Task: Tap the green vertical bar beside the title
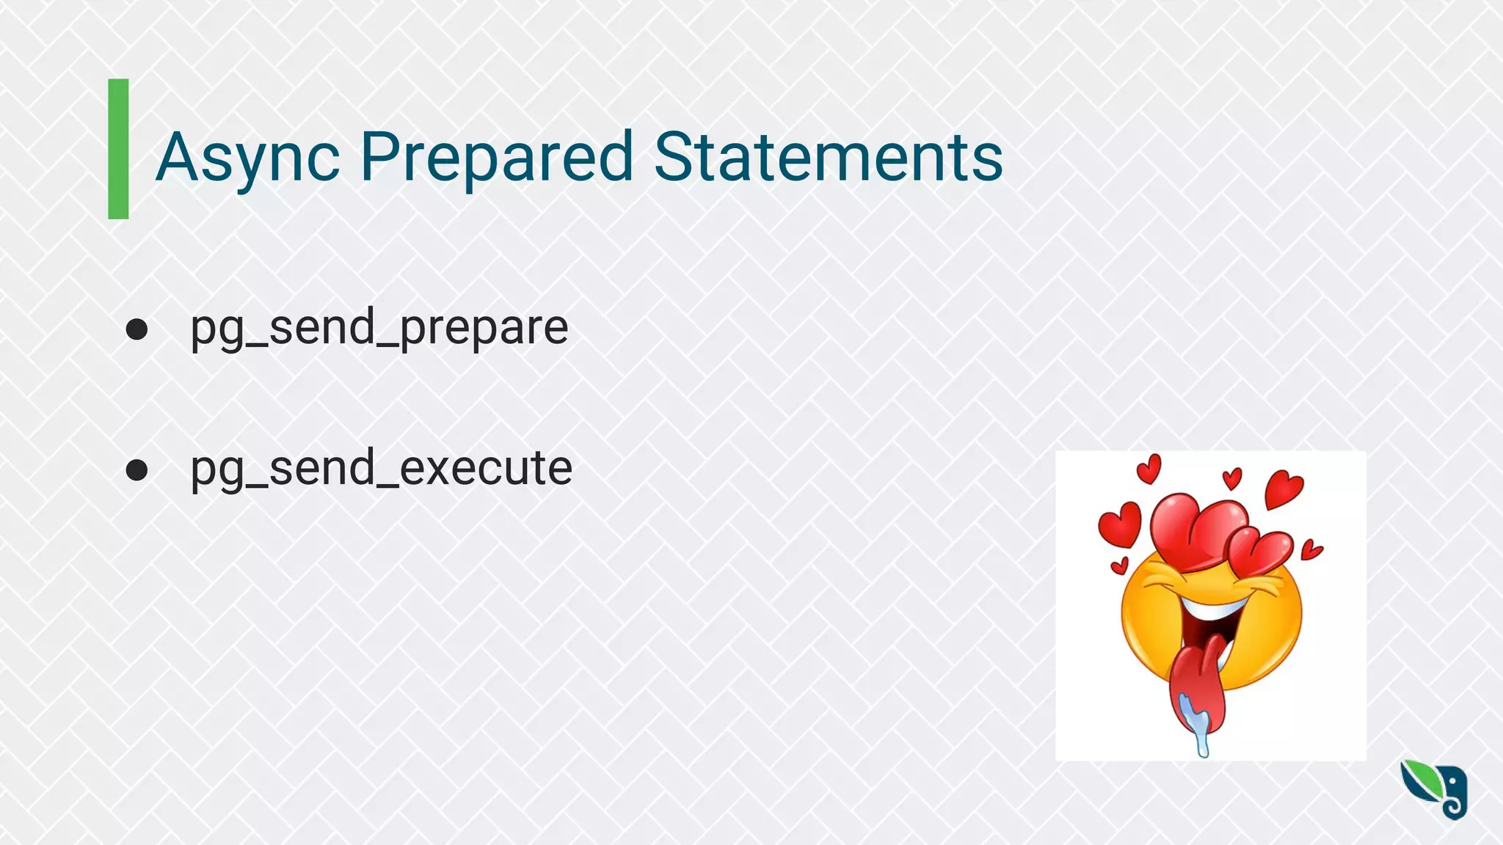pos(118,149)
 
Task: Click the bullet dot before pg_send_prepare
pos(137,329)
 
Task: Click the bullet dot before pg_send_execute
pos(137,469)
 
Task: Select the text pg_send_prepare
pos(379,328)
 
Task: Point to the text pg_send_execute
pos(381,468)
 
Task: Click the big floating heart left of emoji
pos(1120,523)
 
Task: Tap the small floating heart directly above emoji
pos(1232,478)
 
